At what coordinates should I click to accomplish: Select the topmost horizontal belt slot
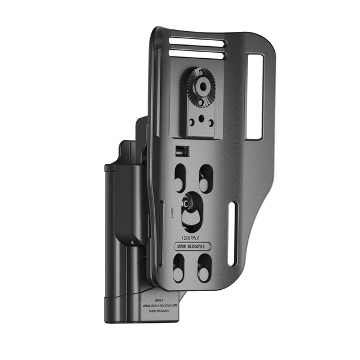pos(196,43)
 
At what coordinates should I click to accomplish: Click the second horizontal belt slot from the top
pos(196,55)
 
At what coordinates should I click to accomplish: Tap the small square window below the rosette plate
pos(179,150)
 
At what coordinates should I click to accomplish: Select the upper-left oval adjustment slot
pos(180,177)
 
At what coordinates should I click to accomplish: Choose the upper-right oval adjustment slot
pos(205,177)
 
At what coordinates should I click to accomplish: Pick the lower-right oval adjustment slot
pos(204,267)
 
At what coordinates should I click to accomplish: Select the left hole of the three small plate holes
pos(191,122)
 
